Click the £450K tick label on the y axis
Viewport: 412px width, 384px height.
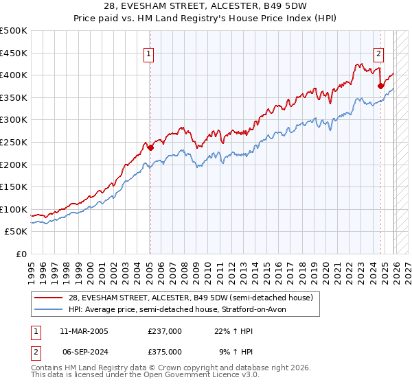click(14, 53)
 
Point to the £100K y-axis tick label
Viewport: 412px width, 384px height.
click(14, 209)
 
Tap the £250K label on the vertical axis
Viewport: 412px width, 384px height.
click(14, 142)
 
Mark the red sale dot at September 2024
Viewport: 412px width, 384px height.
click(380, 86)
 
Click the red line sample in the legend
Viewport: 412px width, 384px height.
click(49, 298)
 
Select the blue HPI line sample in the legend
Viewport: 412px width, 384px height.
click(49, 309)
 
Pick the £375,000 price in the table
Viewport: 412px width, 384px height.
click(165, 351)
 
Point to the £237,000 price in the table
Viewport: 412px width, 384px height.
click(165, 331)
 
